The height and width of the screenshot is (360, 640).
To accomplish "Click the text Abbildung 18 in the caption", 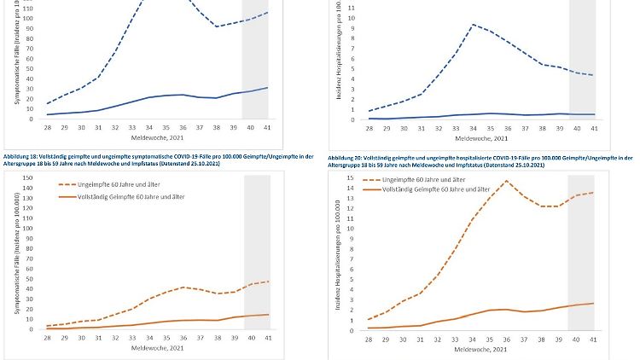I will pyautogui.click(x=20, y=158).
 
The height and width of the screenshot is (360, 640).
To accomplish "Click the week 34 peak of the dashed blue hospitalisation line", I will pyautogui.click(x=473, y=25).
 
